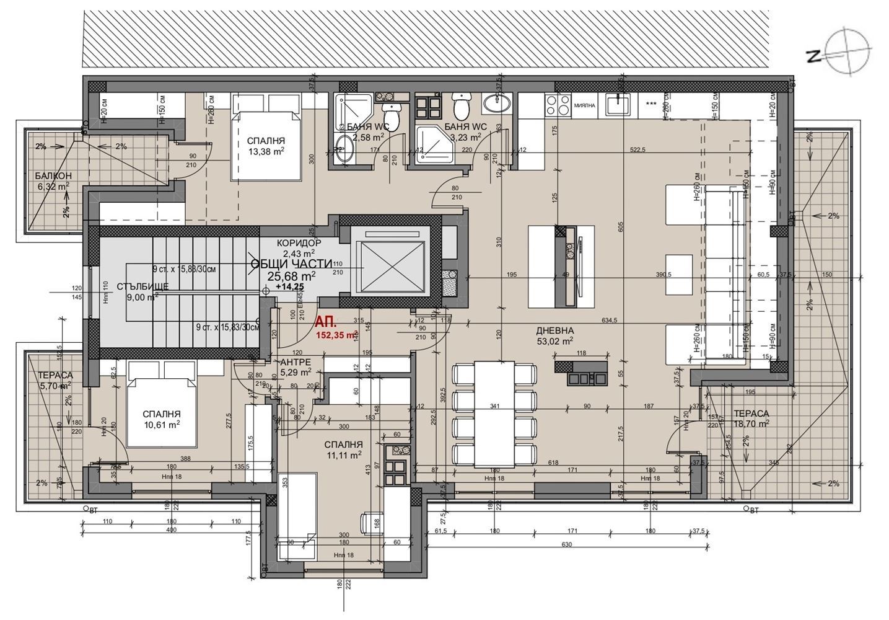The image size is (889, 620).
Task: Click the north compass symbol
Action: pyautogui.click(x=848, y=53)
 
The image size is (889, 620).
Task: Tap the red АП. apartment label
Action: pyautogui.click(x=325, y=322)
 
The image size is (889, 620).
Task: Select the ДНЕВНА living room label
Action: pyautogui.click(x=556, y=330)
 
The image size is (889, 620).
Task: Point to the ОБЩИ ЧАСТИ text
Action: pyautogui.click(x=292, y=263)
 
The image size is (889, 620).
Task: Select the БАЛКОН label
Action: pyautogui.click(x=53, y=175)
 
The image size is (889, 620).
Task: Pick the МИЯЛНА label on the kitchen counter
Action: pyautogui.click(x=584, y=105)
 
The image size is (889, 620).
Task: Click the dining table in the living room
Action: pyautogui.click(x=495, y=414)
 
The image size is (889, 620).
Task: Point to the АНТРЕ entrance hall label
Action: pyautogui.click(x=296, y=363)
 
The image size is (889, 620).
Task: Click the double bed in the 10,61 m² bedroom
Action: pyautogui.click(x=162, y=409)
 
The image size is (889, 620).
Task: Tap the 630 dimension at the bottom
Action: pyautogui.click(x=566, y=544)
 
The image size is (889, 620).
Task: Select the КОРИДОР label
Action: pyautogui.click(x=299, y=243)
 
